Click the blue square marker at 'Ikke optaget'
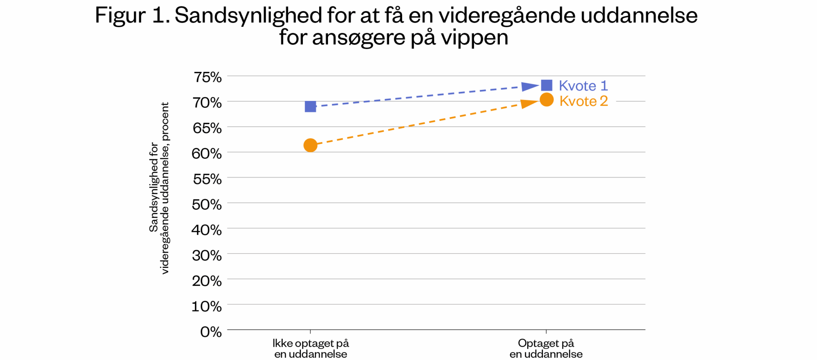click(310, 107)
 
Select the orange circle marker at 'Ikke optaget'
click(310, 145)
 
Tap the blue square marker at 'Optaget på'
click(547, 85)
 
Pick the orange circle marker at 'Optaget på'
click(547, 100)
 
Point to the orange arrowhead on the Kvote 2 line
click(529, 103)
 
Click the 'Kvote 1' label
click(583, 86)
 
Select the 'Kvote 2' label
click(584, 101)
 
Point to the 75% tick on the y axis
click(207, 77)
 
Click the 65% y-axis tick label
click(207, 128)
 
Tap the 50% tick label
click(207, 204)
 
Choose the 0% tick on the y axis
click(211, 332)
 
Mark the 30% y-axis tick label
click(207, 255)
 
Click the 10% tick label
click(207, 307)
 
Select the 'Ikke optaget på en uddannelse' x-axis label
click(310, 348)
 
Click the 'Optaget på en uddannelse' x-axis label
click(546, 348)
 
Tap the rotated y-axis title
click(159, 188)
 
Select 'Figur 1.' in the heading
click(132, 16)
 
